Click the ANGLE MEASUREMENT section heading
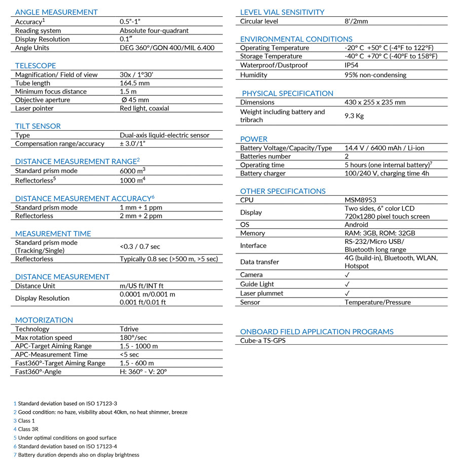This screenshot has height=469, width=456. [x=56, y=12]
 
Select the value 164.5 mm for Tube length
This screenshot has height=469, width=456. [x=134, y=83]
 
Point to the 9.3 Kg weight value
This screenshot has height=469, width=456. [x=354, y=116]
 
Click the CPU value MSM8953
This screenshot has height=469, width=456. [x=360, y=200]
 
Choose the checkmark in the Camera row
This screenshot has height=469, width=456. [x=347, y=275]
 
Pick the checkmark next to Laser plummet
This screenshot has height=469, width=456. [x=347, y=293]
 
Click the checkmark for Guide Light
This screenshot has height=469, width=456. [x=347, y=284]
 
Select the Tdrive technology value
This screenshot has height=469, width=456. [x=130, y=329]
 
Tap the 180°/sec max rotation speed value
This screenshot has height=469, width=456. [x=133, y=338]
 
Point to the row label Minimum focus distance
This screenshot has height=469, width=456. [x=51, y=92]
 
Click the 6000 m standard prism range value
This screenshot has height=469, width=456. [x=132, y=171]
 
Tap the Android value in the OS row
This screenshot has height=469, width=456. [x=356, y=225]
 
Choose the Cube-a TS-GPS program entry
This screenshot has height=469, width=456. [x=262, y=341]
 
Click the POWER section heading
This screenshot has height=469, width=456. [x=253, y=139]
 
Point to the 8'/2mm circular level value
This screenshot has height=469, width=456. [x=356, y=21]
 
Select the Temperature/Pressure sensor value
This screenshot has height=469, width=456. [x=377, y=302]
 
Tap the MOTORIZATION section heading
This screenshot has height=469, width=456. [x=44, y=320]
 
